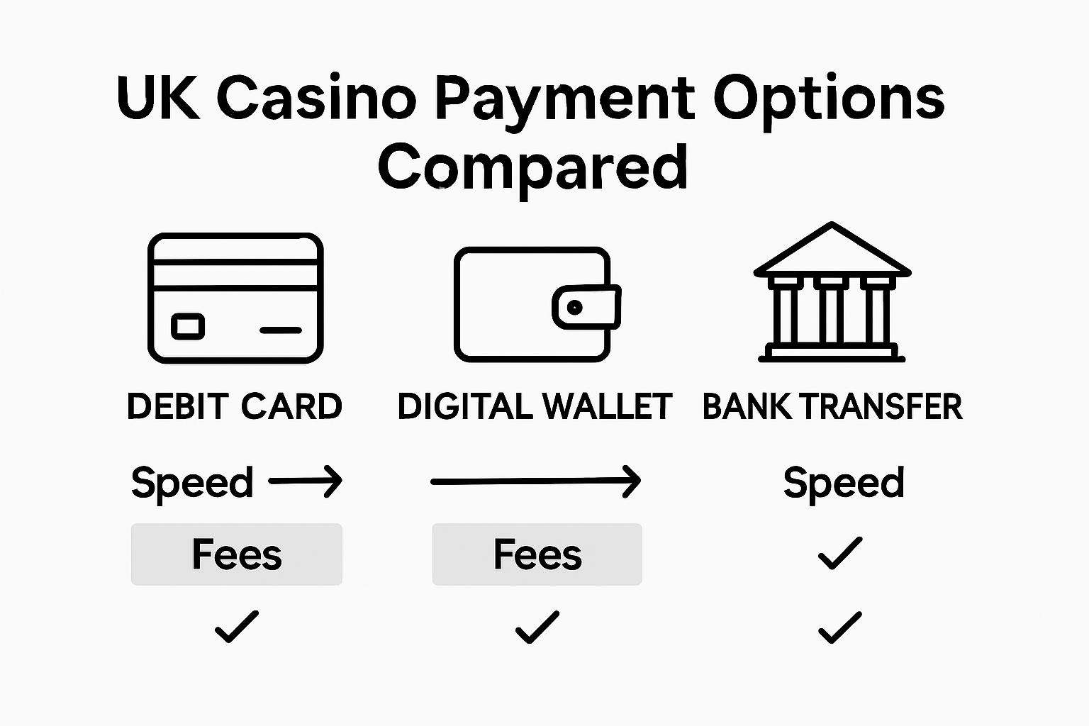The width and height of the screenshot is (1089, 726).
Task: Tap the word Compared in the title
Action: point(532,167)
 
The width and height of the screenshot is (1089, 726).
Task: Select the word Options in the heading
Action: point(829,99)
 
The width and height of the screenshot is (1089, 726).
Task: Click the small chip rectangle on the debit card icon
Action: point(188,327)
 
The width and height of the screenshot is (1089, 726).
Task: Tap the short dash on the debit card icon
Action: point(281,330)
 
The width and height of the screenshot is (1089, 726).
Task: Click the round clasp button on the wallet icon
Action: point(575,307)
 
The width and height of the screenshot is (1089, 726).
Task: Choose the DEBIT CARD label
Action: point(235,407)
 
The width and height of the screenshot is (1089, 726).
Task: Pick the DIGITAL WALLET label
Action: point(535,407)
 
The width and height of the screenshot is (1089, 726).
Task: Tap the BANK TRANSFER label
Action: point(832,407)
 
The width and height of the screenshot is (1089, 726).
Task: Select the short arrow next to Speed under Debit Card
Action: point(306,482)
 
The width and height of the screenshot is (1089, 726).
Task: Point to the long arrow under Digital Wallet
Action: point(535,482)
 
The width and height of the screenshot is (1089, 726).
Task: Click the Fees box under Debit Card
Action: point(237,554)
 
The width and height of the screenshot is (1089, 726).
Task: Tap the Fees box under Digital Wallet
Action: point(537,554)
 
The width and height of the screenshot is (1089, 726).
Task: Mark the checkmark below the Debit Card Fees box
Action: point(237,627)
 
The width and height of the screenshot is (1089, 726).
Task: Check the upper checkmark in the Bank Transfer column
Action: point(840,553)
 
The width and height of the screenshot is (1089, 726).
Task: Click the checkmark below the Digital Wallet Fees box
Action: point(537,627)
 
